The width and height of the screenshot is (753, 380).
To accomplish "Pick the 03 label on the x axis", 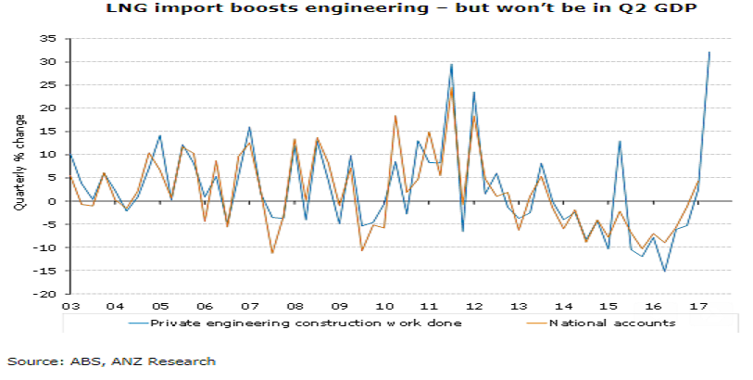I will click(x=70, y=305).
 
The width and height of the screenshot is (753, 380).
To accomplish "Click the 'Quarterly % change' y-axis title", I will click(x=19, y=165).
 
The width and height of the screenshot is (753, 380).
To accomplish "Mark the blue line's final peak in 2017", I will click(x=709, y=52).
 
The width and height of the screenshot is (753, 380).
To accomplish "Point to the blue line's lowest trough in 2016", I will click(x=664, y=272).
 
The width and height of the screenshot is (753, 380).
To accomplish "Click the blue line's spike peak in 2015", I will click(x=620, y=141).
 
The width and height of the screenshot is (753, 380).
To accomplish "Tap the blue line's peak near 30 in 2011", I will click(x=451, y=64).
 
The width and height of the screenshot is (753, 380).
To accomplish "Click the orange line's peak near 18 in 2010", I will click(x=395, y=116).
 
